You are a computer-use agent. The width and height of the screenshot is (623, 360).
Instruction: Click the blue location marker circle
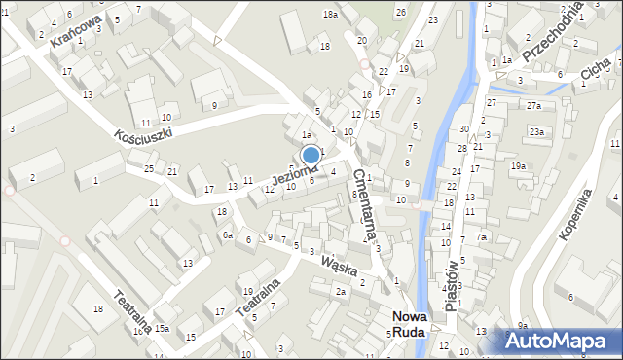pos(311,155)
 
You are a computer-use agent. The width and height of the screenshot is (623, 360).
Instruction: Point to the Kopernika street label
pos(575,216)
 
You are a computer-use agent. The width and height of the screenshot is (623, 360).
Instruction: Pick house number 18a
pos(331,14)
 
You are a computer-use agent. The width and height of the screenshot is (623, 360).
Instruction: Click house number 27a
pos(533,105)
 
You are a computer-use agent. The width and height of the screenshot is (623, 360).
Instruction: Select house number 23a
pos(535,131)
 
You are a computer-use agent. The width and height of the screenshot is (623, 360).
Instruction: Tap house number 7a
pos(481,237)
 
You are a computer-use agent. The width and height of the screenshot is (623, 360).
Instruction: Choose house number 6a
pos(227,234)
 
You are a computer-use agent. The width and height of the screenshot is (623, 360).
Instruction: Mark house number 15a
pos(162,329)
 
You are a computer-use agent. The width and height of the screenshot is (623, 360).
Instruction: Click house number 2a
pos(341,291)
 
